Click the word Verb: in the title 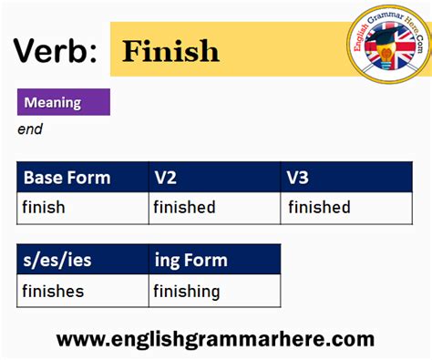pyautogui.click(x=54, y=50)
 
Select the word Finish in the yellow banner pyautogui.click(x=171, y=51)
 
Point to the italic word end pyautogui.click(x=30, y=129)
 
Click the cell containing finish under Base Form pyautogui.click(x=44, y=208)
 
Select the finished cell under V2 pyautogui.click(x=184, y=208)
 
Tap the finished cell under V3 pyautogui.click(x=319, y=208)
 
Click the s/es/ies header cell pyautogui.click(x=57, y=261)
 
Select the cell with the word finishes pyautogui.click(x=54, y=292)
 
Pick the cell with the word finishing pyautogui.click(x=187, y=292)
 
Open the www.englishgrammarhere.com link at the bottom pyautogui.click(x=216, y=340)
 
